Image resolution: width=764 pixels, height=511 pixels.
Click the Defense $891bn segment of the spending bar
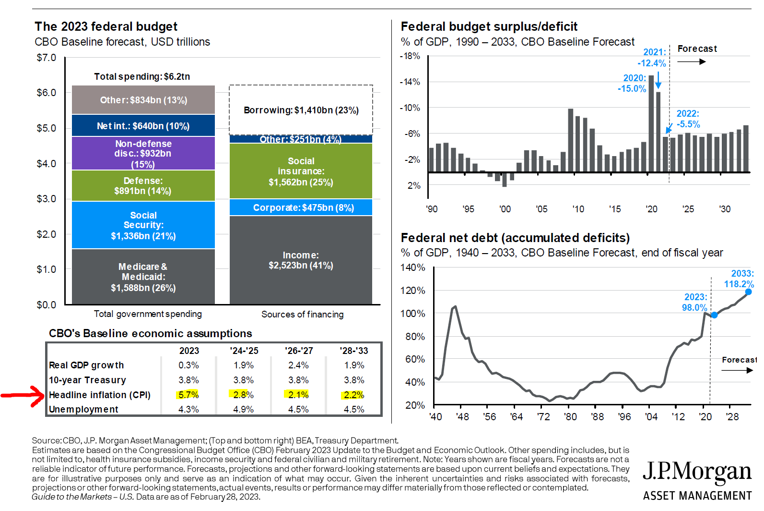(143, 185)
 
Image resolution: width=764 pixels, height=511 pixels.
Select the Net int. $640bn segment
(143, 125)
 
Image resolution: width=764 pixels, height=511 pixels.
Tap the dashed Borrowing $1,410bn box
(301, 110)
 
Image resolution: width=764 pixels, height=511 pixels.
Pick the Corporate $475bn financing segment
(301, 207)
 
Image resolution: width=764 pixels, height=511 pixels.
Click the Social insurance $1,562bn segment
(301, 171)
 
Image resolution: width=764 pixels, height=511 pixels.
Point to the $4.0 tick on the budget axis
(47, 164)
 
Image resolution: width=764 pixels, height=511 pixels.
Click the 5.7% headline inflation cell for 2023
(188, 395)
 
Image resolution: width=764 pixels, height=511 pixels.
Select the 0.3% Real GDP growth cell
(188, 365)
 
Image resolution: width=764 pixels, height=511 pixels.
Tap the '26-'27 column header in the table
(299, 351)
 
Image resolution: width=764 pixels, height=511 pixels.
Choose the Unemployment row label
(83, 409)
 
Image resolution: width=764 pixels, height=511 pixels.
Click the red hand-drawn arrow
(23, 396)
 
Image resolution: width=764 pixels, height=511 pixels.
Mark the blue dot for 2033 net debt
(748, 292)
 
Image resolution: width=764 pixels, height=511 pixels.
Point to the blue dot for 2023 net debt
(714, 315)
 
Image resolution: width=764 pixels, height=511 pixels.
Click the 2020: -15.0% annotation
(632, 84)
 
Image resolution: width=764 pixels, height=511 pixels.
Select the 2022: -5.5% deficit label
(688, 119)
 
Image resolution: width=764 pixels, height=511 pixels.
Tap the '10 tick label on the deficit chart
(578, 209)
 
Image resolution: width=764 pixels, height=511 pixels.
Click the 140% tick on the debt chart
(413, 268)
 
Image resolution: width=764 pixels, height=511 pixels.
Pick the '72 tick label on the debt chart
(544, 417)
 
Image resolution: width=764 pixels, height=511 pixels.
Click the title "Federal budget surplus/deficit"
(489, 26)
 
